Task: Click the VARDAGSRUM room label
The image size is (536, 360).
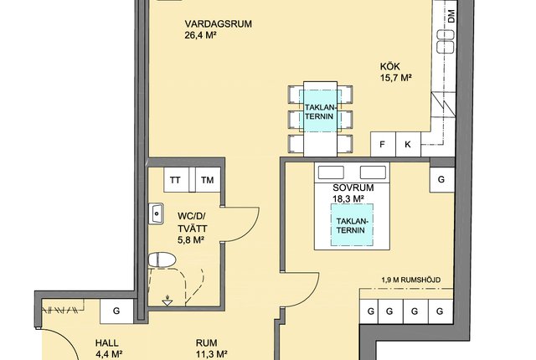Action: [x=219, y=24]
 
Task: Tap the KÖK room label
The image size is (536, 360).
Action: [x=389, y=66]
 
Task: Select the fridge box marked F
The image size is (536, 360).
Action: [x=383, y=145]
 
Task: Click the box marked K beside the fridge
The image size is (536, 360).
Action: [x=408, y=145]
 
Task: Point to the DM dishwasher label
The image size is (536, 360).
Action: [x=451, y=16]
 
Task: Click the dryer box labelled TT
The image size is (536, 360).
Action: [x=175, y=180]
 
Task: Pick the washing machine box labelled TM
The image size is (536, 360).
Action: [x=207, y=180]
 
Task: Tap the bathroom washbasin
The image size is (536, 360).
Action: [x=156, y=213]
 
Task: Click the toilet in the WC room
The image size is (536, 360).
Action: [x=162, y=260]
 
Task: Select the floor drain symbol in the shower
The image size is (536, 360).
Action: [x=167, y=301]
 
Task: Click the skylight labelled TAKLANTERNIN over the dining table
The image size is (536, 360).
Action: [x=319, y=111]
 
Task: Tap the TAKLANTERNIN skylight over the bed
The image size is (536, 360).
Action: [x=352, y=225]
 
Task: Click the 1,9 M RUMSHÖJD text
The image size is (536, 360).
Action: [x=411, y=280]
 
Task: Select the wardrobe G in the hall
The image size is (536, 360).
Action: [x=116, y=311]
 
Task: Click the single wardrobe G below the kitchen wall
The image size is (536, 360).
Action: [x=441, y=180]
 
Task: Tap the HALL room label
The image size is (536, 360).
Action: [x=106, y=343]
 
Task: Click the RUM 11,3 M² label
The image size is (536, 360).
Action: [x=212, y=348]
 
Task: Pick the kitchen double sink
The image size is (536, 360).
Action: [x=446, y=41]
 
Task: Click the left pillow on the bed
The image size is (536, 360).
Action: [x=331, y=172]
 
